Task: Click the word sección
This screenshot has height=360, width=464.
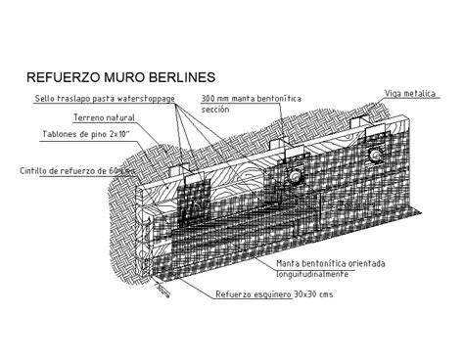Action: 214,110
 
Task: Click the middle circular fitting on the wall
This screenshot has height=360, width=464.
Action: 291,174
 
